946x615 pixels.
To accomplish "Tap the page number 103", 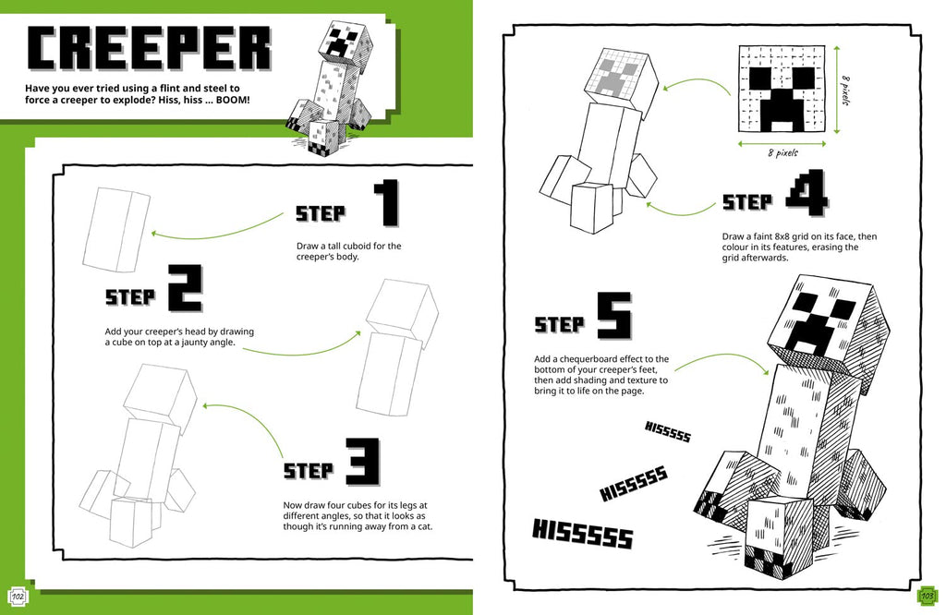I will [929, 593].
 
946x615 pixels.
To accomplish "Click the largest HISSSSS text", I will [582, 534].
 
